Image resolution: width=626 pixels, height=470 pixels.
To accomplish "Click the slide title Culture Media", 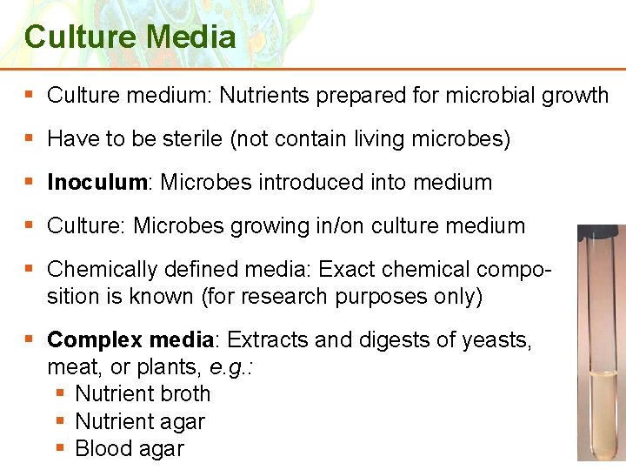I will coord(130,37).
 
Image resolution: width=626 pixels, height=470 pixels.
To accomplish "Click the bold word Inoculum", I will coord(97,183).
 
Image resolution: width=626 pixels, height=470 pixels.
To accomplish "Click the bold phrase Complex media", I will coord(130,339).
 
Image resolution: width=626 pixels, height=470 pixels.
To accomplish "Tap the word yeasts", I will coord(496,339).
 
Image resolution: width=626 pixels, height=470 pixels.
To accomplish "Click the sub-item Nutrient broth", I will coord(143,393).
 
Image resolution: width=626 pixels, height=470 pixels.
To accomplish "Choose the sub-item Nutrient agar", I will coord(140,421).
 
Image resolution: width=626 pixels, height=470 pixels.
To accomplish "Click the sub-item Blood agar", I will coord(130,449).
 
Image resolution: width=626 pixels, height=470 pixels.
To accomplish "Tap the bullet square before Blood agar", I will coord(61,449).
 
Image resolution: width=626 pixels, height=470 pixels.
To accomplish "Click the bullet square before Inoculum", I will coord(31,183).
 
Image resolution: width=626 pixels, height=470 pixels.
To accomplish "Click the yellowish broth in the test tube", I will coord(601,418).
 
